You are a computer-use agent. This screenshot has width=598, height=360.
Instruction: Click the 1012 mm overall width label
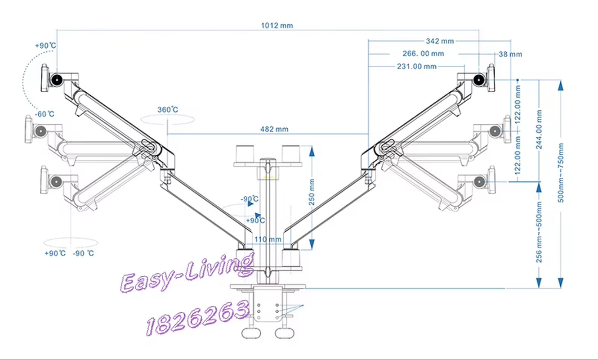277,26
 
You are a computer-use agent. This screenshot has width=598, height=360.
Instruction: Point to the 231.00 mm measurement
416,66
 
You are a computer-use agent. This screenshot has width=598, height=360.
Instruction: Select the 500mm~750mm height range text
560,173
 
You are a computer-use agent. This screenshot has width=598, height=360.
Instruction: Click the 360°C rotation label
168,109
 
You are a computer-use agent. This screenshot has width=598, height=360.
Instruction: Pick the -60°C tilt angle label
45,114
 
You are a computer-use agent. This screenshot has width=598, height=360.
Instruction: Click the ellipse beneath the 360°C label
168,119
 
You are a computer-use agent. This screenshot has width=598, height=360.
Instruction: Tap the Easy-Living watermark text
187,273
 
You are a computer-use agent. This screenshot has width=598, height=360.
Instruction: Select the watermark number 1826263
198,317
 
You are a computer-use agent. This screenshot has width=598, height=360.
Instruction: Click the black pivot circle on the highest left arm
57,80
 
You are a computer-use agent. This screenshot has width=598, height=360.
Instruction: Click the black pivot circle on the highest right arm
480,80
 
